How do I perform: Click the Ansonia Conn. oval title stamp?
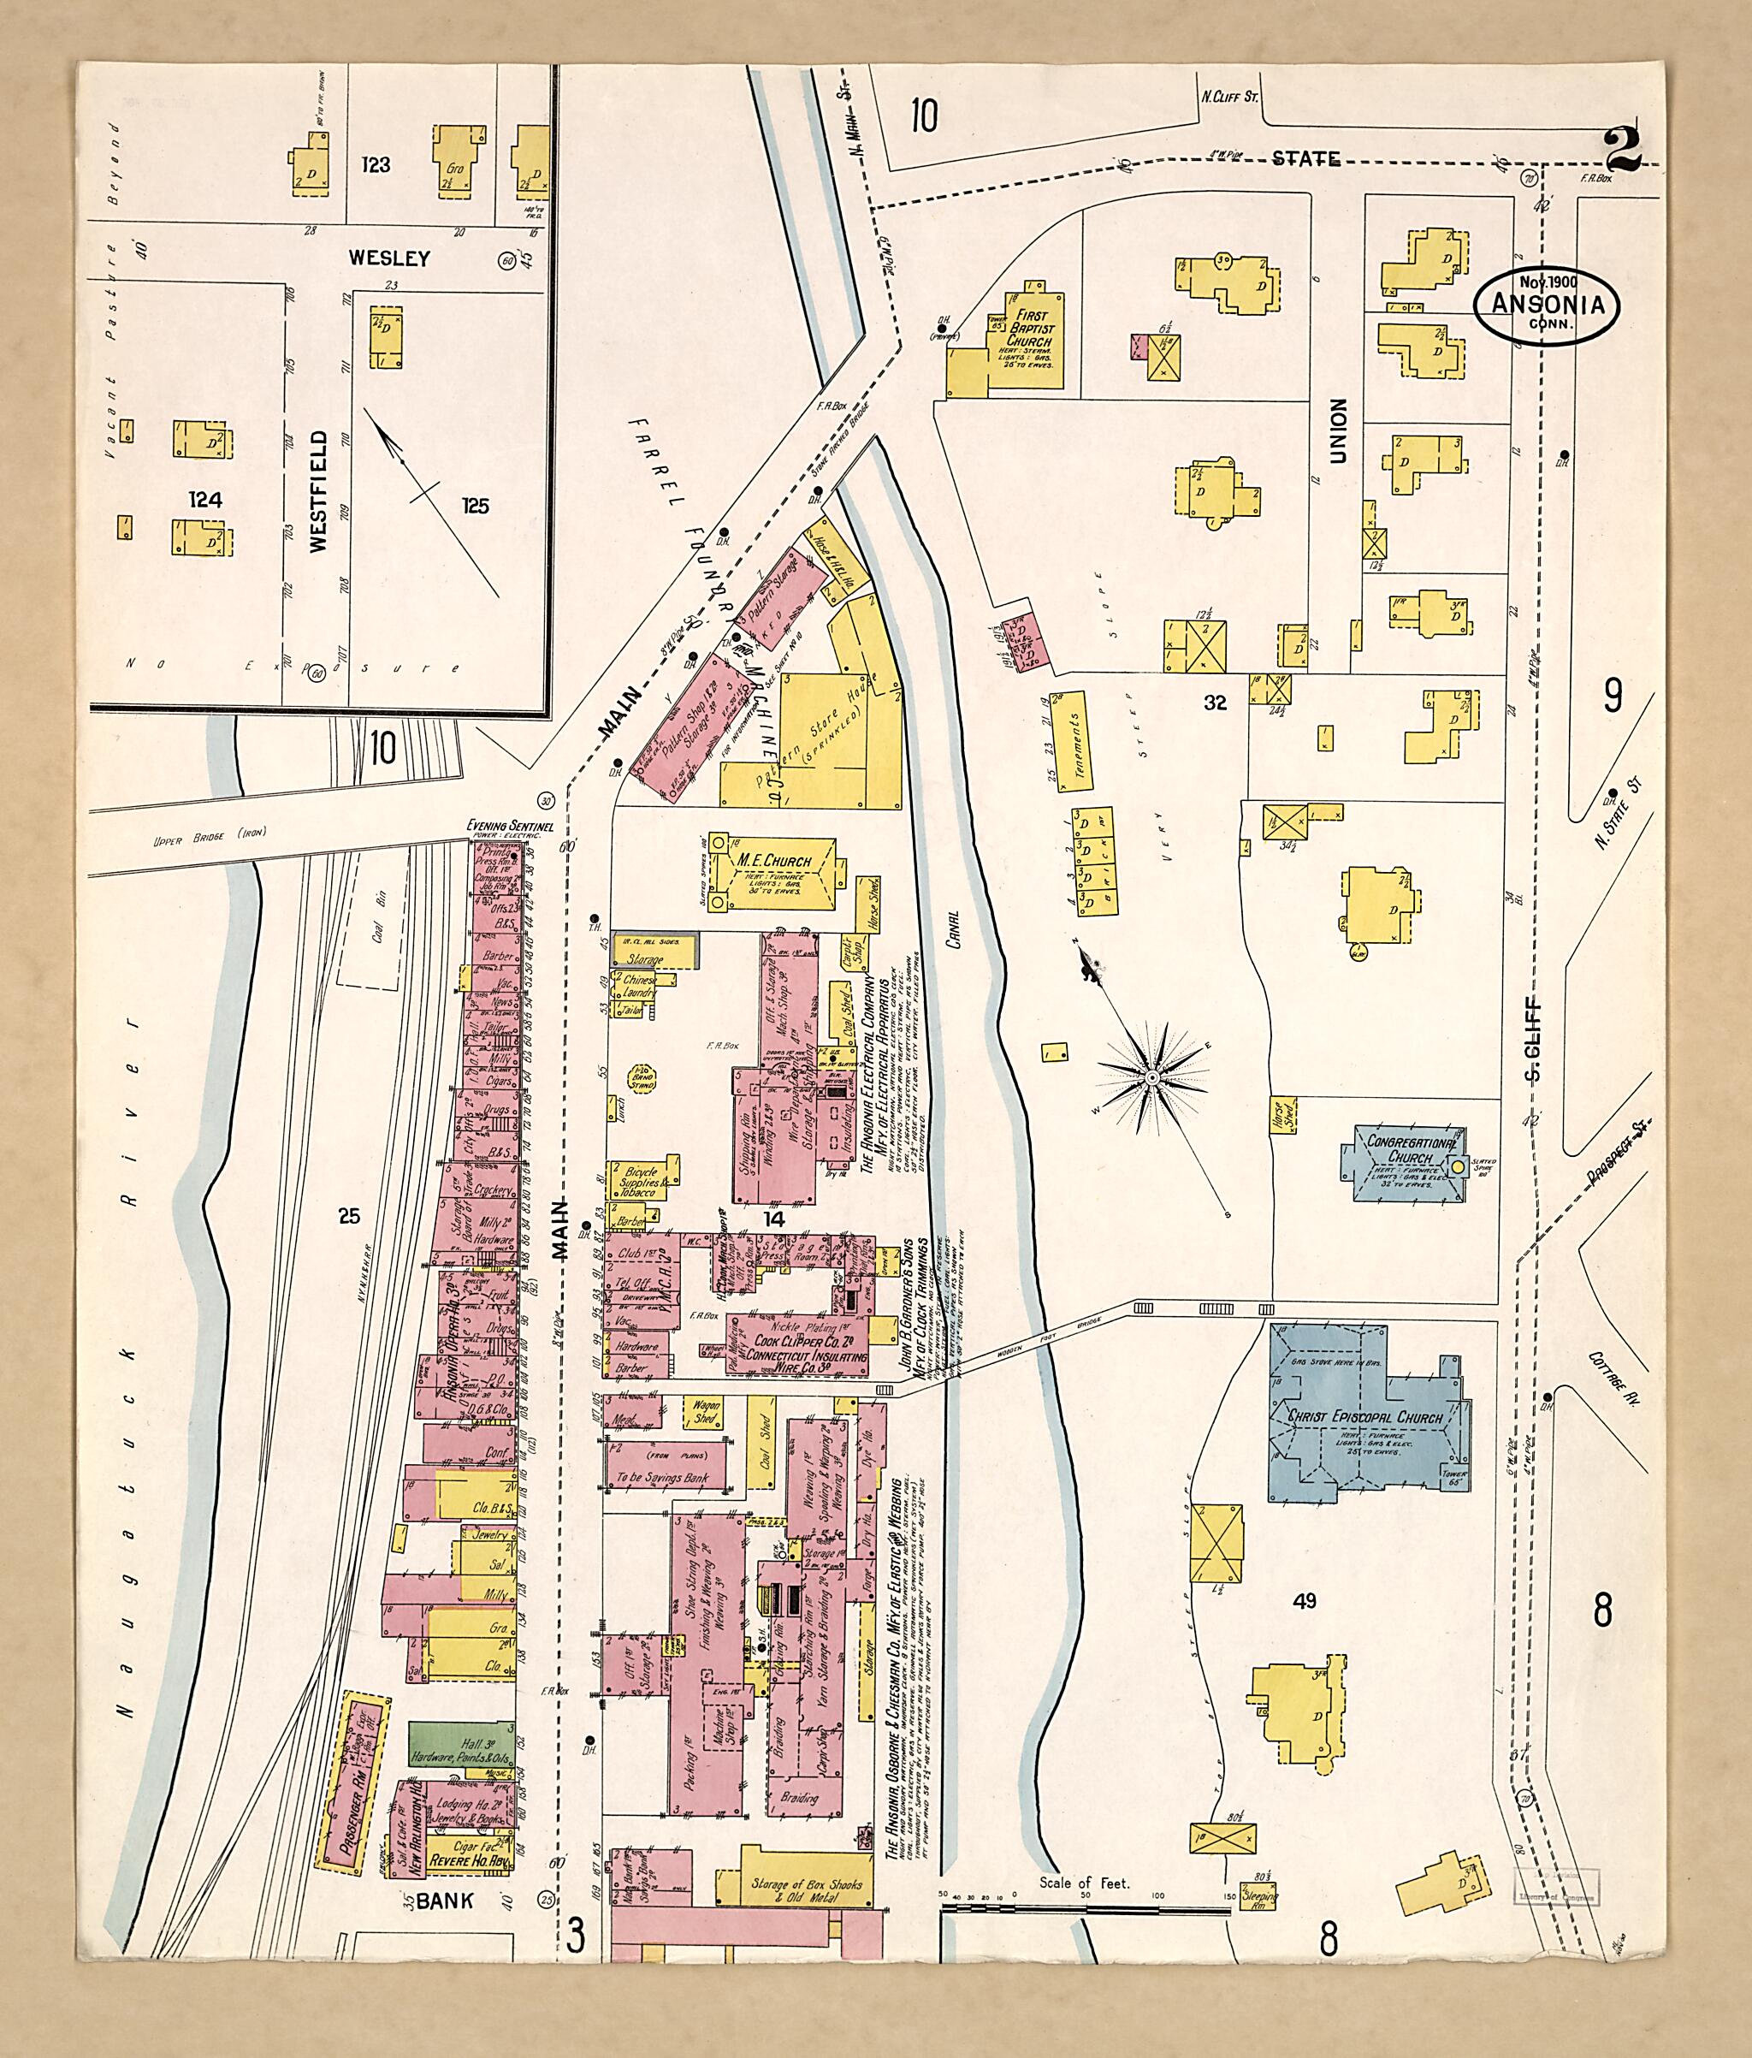pos(1548,305)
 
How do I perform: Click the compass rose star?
pos(1151,1077)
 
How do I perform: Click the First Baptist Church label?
pos(1029,328)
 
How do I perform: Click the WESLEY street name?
pos(389,258)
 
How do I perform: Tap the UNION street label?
pos(1338,431)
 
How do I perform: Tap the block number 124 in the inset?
pos(205,500)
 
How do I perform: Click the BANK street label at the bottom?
pos(443,1901)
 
